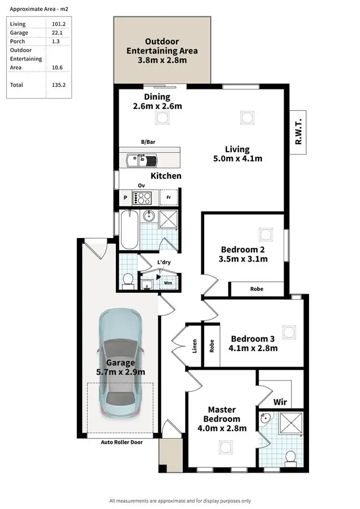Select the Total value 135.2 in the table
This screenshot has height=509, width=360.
click(59, 85)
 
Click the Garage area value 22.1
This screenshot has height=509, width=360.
click(58, 33)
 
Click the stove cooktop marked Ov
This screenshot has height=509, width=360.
click(142, 197)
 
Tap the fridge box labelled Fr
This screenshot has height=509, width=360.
click(168, 197)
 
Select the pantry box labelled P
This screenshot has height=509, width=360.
click(125, 197)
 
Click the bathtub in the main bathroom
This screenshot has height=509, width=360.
click(129, 229)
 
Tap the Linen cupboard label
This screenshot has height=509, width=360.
click(194, 346)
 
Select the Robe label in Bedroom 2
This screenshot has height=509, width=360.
click(256, 289)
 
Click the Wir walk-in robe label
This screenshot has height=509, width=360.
click(280, 401)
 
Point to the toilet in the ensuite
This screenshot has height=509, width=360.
click(290, 458)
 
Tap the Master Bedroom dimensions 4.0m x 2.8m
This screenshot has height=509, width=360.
click(222, 428)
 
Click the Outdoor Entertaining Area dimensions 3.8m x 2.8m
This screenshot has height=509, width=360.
click(162, 61)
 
